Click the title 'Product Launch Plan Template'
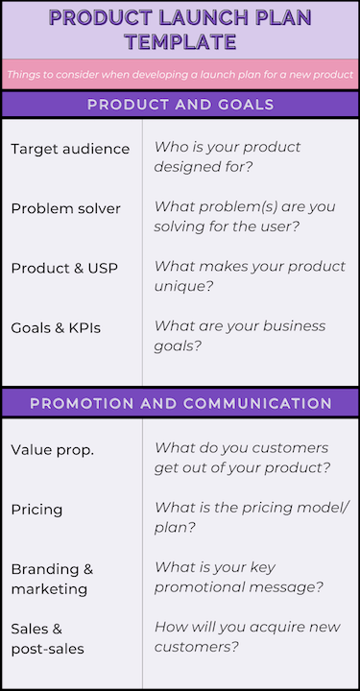pyautogui.click(x=180, y=29)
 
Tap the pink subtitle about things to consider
pyautogui.click(x=180, y=74)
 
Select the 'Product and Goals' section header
pyautogui.click(x=180, y=105)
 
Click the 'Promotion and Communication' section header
pyautogui.click(x=180, y=403)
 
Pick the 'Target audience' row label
pyautogui.click(x=70, y=149)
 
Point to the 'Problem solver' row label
pyautogui.click(x=66, y=208)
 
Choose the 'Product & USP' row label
pyautogui.click(x=64, y=268)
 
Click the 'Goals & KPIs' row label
pyautogui.click(x=56, y=327)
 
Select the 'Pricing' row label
pyautogui.click(x=36, y=510)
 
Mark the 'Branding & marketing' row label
pyautogui.click(x=52, y=579)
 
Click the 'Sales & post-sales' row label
pyautogui.click(x=47, y=638)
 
